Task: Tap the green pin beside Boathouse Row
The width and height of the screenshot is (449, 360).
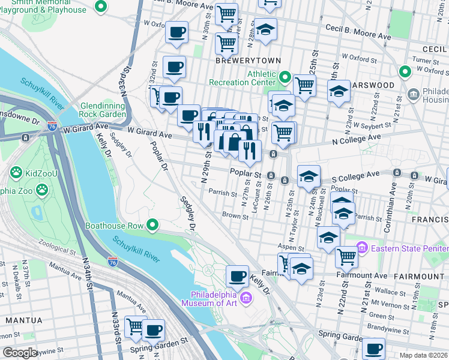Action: click(153, 226)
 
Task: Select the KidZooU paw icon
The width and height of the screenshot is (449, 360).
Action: click(16, 173)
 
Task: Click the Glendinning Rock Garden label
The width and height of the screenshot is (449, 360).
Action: click(102, 110)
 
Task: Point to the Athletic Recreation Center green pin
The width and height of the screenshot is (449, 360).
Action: click(285, 78)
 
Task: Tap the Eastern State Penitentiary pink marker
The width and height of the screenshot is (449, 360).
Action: click(361, 247)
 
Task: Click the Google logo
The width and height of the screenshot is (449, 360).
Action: click(20, 353)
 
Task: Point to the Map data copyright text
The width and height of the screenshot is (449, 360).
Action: click(424, 355)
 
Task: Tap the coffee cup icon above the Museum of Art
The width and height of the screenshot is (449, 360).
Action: click(237, 276)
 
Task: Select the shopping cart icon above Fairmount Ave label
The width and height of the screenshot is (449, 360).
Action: click(346, 256)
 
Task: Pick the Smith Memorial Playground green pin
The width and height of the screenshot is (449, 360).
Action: click(101, 7)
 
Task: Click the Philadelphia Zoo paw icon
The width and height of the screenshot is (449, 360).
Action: click(42, 190)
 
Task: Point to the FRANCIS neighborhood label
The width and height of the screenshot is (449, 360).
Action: click(430, 220)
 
